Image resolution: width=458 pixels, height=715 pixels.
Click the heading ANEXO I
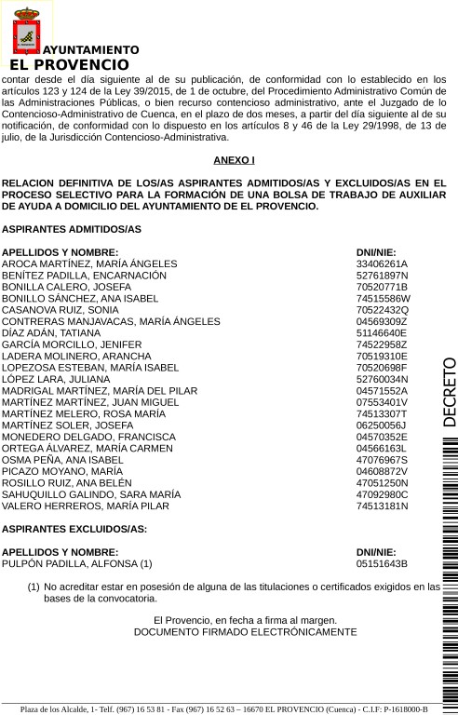[x=234, y=160]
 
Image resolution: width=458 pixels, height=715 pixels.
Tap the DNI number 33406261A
[x=382, y=264]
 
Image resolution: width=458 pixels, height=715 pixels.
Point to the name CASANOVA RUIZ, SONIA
[x=61, y=309]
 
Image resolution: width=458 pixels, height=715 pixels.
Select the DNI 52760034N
[x=383, y=379]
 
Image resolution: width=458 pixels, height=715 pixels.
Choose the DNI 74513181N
[x=383, y=506]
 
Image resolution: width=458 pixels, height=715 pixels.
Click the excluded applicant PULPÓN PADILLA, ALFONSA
[x=76, y=563]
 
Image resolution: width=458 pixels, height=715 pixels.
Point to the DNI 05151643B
[x=382, y=563]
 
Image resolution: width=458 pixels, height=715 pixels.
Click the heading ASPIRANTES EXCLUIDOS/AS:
[x=74, y=529]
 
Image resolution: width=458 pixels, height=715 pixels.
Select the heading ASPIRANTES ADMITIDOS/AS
[x=72, y=229]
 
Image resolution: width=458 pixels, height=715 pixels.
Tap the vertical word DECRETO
[x=449, y=391]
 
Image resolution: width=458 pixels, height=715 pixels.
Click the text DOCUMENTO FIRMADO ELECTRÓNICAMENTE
[x=245, y=631]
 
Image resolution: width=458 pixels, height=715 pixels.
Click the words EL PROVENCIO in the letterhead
[x=69, y=65]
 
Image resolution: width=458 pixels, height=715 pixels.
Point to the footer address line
[x=223, y=708]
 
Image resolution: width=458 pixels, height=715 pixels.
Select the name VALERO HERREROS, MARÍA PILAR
[x=86, y=506]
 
